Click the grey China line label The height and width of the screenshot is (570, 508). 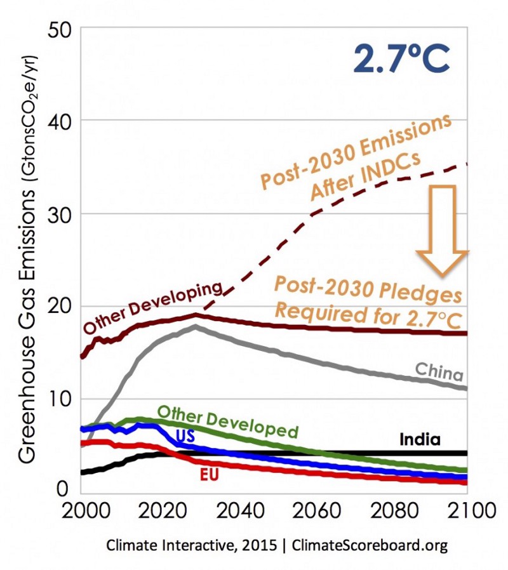[x=439, y=371]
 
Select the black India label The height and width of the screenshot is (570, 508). [x=420, y=439]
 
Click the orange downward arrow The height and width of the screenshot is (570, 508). [x=445, y=229]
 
